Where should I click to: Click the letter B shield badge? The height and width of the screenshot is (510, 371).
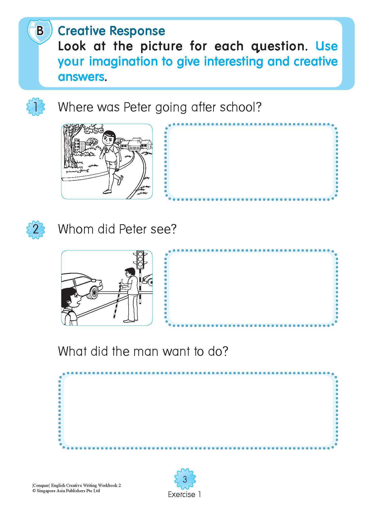[40, 31]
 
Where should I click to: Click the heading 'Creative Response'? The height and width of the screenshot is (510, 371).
[111, 31]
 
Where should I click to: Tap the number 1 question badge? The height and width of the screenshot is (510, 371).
[36, 107]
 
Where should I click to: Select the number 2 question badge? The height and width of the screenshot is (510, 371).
[36, 229]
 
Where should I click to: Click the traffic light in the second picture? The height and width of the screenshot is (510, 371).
[140, 260]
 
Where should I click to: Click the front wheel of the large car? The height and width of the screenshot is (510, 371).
[94, 292]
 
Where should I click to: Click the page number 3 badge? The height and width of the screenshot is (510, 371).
[185, 479]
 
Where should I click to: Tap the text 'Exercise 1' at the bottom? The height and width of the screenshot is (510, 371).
[185, 494]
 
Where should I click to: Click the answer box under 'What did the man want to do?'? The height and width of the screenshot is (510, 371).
[198, 411]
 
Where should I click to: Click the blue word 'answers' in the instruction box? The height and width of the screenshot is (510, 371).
[81, 77]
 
